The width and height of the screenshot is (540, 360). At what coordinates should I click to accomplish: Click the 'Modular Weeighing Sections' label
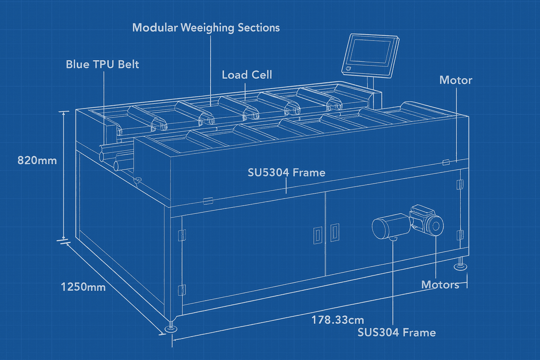(206, 27)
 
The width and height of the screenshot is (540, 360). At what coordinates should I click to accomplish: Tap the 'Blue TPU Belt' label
(103, 64)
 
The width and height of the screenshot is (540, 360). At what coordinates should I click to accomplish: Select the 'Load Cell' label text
(247, 75)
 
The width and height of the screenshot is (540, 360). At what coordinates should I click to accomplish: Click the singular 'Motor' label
(455, 81)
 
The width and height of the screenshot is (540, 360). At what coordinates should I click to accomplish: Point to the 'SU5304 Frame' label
(286, 172)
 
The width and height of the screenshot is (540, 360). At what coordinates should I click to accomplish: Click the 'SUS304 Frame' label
(396, 333)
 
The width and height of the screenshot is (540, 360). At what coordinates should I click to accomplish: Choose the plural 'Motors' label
(440, 284)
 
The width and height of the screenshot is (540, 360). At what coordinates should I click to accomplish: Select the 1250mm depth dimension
(83, 287)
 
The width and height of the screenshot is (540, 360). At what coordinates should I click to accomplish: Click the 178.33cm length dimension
(337, 320)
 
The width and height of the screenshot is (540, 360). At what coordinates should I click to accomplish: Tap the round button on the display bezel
(348, 68)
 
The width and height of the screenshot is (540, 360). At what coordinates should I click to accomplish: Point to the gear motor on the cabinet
(407, 224)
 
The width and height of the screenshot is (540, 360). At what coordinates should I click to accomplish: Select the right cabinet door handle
(334, 232)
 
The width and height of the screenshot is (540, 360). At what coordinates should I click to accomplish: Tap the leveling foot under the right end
(460, 266)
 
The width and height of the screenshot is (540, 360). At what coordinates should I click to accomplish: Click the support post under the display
(372, 84)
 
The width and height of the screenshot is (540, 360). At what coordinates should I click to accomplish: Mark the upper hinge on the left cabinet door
(182, 235)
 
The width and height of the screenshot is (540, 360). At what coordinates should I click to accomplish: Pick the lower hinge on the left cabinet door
(182, 290)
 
